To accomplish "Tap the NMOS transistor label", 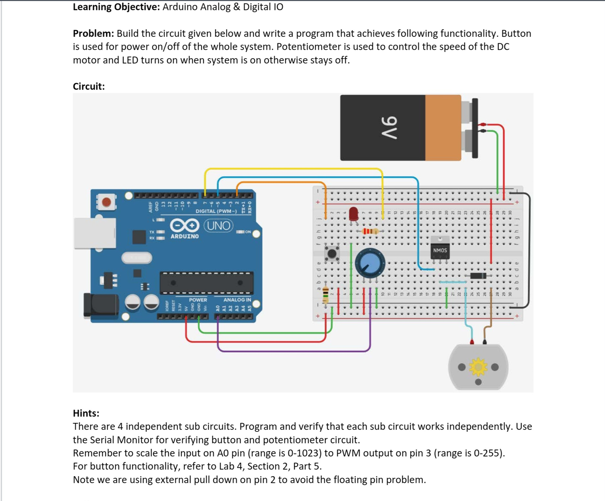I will tap(440, 250).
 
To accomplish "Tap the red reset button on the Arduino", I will tap(106, 202).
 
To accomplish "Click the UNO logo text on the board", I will tap(218, 225).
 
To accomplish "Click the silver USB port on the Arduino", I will tap(95, 233).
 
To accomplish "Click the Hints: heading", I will tap(86, 413).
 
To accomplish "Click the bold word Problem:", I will tap(93, 33).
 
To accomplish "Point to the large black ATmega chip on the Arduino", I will tap(207, 283).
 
